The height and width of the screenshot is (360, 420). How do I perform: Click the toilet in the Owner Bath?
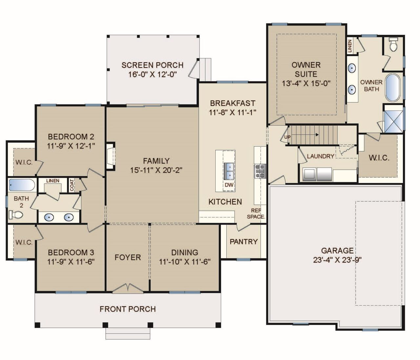(393, 47)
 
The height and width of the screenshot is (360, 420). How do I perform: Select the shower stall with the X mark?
(393, 121)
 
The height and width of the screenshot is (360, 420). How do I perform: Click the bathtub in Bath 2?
(22, 185)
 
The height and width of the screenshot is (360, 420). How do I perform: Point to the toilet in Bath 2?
(16, 215)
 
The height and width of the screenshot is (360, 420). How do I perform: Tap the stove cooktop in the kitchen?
(260, 171)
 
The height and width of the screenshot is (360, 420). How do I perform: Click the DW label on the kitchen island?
(229, 185)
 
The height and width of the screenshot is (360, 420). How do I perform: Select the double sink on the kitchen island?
(229, 171)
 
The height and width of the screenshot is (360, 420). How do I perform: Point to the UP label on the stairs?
(287, 137)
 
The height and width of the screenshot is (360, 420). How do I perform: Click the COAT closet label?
(72, 185)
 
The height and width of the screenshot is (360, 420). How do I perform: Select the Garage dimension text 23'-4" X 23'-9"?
(337, 260)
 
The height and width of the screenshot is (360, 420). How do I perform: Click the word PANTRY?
(243, 242)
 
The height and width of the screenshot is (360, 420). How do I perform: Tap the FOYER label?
(128, 257)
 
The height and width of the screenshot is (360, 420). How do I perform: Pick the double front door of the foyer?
(128, 288)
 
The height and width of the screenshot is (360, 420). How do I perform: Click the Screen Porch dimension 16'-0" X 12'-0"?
(152, 74)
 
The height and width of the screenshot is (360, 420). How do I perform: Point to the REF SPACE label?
(256, 213)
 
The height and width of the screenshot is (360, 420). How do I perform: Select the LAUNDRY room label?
(321, 156)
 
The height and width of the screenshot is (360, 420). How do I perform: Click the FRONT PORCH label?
(128, 309)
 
